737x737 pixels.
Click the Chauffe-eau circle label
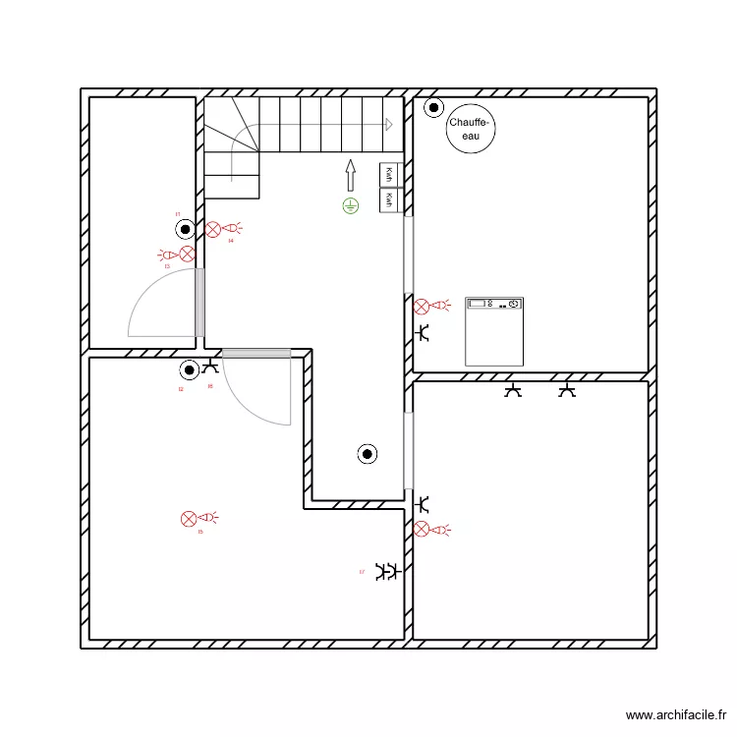pyautogui.click(x=470, y=130)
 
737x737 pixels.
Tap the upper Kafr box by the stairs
pyautogui.click(x=390, y=175)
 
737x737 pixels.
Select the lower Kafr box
pyautogui.click(x=390, y=200)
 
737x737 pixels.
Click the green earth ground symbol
pyautogui.click(x=350, y=205)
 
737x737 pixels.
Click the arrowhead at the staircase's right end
pyautogui.click(x=389, y=125)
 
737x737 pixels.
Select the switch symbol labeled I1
pyautogui.click(x=185, y=230)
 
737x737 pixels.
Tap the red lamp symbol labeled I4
pyautogui.click(x=213, y=229)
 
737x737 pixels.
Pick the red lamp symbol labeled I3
pyautogui.click(x=186, y=255)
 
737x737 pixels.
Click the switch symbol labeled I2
pyautogui.click(x=189, y=370)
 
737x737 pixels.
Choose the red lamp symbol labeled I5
pyautogui.click(x=189, y=518)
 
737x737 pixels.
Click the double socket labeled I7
pyautogui.click(x=387, y=571)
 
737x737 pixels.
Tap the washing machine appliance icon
pyautogui.click(x=494, y=331)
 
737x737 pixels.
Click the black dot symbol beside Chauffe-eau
pyautogui.click(x=431, y=107)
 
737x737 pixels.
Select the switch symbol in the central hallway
pyautogui.click(x=367, y=453)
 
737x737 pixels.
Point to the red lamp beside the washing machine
pyautogui.click(x=422, y=306)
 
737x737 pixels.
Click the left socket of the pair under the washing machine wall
pyautogui.click(x=512, y=391)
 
